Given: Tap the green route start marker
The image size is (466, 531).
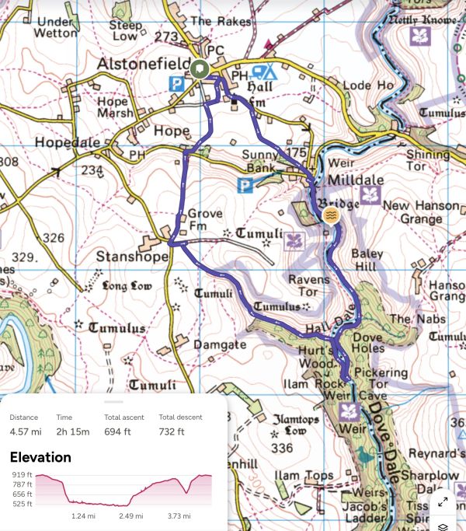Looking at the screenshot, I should [200, 70].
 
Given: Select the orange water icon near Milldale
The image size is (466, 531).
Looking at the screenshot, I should [331, 215].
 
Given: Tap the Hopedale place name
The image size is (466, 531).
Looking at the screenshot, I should [62, 143].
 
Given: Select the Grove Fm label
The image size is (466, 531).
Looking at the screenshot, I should [205, 219].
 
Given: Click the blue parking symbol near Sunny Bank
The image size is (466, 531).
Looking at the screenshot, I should [246, 185].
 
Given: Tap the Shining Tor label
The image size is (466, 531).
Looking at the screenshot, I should [427, 161].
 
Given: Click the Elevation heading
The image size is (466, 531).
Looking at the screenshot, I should [40, 458].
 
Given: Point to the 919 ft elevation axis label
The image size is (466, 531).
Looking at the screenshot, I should [22, 474].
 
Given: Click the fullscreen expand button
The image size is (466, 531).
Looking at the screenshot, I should [443, 501].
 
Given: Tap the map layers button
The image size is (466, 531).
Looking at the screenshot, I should [443, 526].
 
